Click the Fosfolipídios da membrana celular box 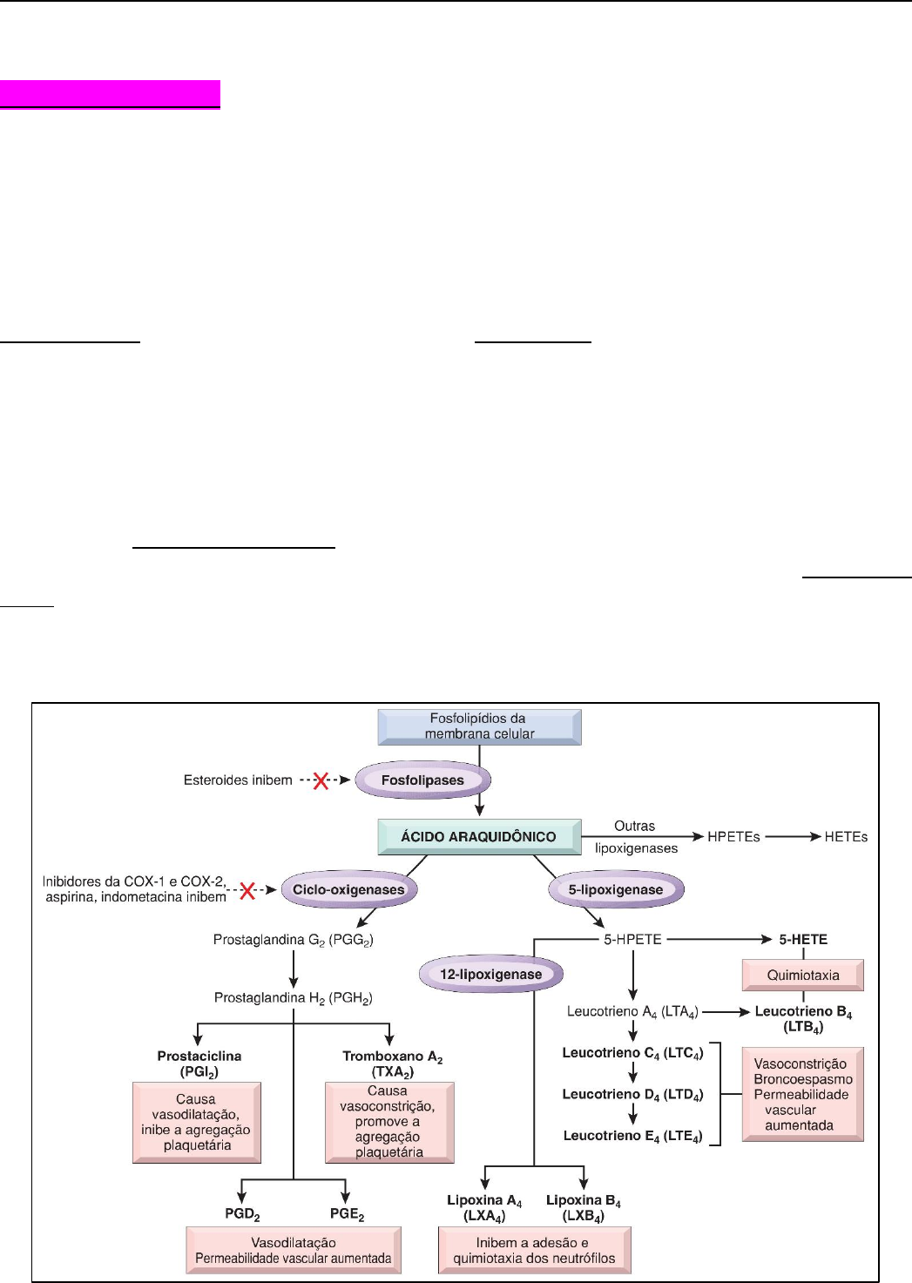coord(479,726)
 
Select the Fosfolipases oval coord(422,780)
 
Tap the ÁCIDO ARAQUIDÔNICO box coord(479,836)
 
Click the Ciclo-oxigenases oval coord(348,889)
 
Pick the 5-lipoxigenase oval coord(616,889)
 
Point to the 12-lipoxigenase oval coord(490,974)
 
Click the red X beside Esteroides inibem coord(321,780)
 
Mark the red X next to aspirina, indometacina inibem coord(247,890)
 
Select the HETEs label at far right coord(846,837)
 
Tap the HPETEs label coord(733,837)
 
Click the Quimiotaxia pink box coord(802,976)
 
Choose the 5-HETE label coord(803,940)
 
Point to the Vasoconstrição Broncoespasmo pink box coord(802,1094)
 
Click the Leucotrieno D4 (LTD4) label coord(632,1095)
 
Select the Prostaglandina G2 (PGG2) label coord(293,940)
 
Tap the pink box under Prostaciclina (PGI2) coord(197,1122)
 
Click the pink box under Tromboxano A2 coord(389,1122)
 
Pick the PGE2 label coord(347,1214)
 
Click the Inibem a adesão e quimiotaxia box coord(534,1250)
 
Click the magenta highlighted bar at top coord(110,93)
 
